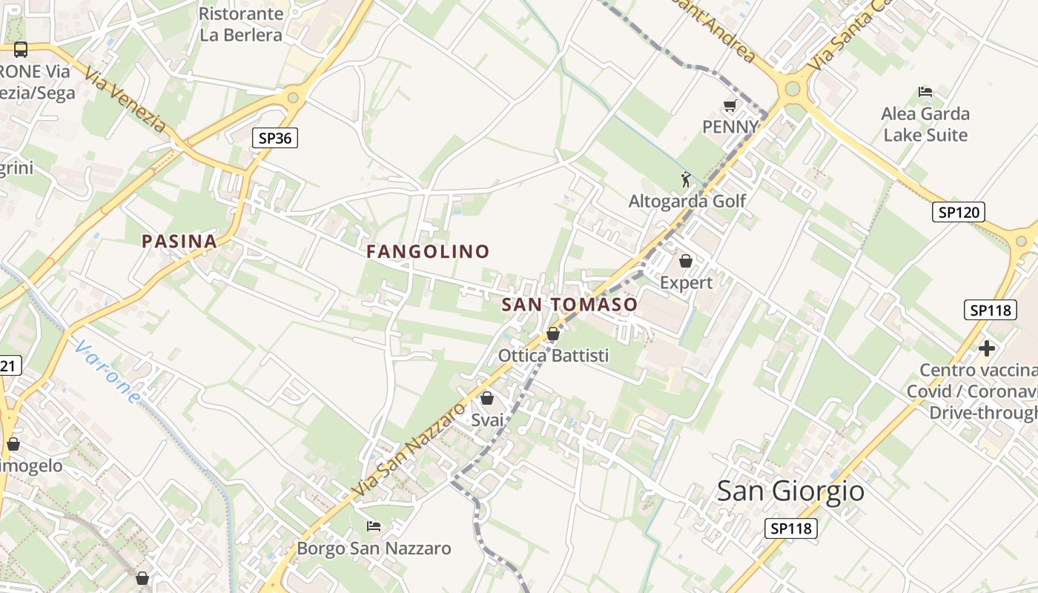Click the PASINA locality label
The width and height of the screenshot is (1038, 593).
point(179,241)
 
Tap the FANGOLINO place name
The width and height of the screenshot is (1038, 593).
point(428,251)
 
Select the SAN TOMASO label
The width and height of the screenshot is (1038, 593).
point(569,305)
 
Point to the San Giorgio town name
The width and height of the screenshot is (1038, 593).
point(790,491)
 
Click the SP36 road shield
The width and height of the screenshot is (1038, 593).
point(274,137)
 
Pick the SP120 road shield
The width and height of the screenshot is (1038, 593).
point(958,212)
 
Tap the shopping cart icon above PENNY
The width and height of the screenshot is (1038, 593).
point(730,106)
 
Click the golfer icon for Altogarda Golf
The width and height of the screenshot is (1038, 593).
point(686,179)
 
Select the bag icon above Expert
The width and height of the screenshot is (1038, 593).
point(686,261)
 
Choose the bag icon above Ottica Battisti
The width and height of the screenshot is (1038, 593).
point(552,334)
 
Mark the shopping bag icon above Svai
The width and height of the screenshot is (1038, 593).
point(487,398)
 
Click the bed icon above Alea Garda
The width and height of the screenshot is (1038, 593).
point(925,92)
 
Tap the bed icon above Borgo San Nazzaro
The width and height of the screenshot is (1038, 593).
point(374,526)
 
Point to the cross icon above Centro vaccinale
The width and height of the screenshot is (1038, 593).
point(986,348)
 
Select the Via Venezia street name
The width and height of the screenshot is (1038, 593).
point(125,100)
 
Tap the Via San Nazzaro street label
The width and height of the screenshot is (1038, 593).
point(409,449)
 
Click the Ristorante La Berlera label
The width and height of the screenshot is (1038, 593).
point(241,24)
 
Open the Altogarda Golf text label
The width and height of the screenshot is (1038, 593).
point(687,201)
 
